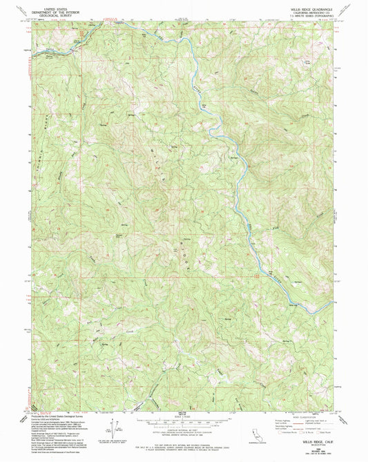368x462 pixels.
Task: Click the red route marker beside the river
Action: [256, 276]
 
